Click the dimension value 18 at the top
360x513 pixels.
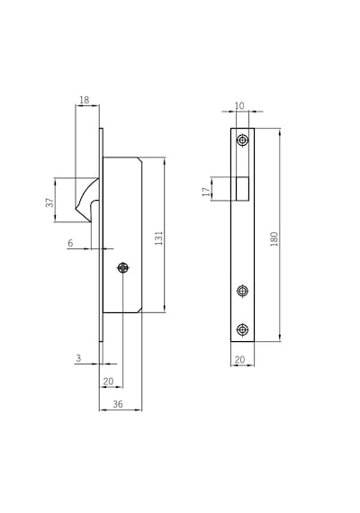[x=84, y=100]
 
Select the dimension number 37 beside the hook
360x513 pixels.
[x=49, y=202]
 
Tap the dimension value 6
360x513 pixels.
[x=70, y=243]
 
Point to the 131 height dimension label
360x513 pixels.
[x=158, y=238]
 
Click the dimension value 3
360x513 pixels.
[x=78, y=358]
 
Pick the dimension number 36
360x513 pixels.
[x=118, y=404]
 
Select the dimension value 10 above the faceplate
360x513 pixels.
[x=239, y=105]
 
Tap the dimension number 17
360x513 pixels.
[x=206, y=192]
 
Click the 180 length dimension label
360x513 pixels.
[x=274, y=238]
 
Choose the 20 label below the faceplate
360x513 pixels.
[x=240, y=360]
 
